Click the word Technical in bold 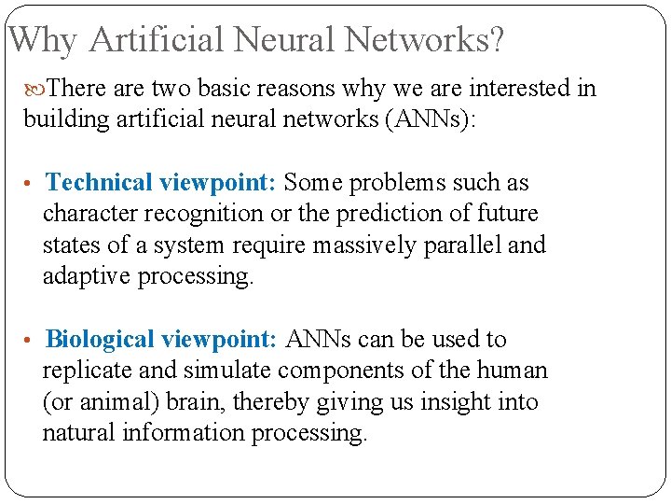[101, 182]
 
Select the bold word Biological [102, 339]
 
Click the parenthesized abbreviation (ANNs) [426, 119]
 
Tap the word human [512, 371]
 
